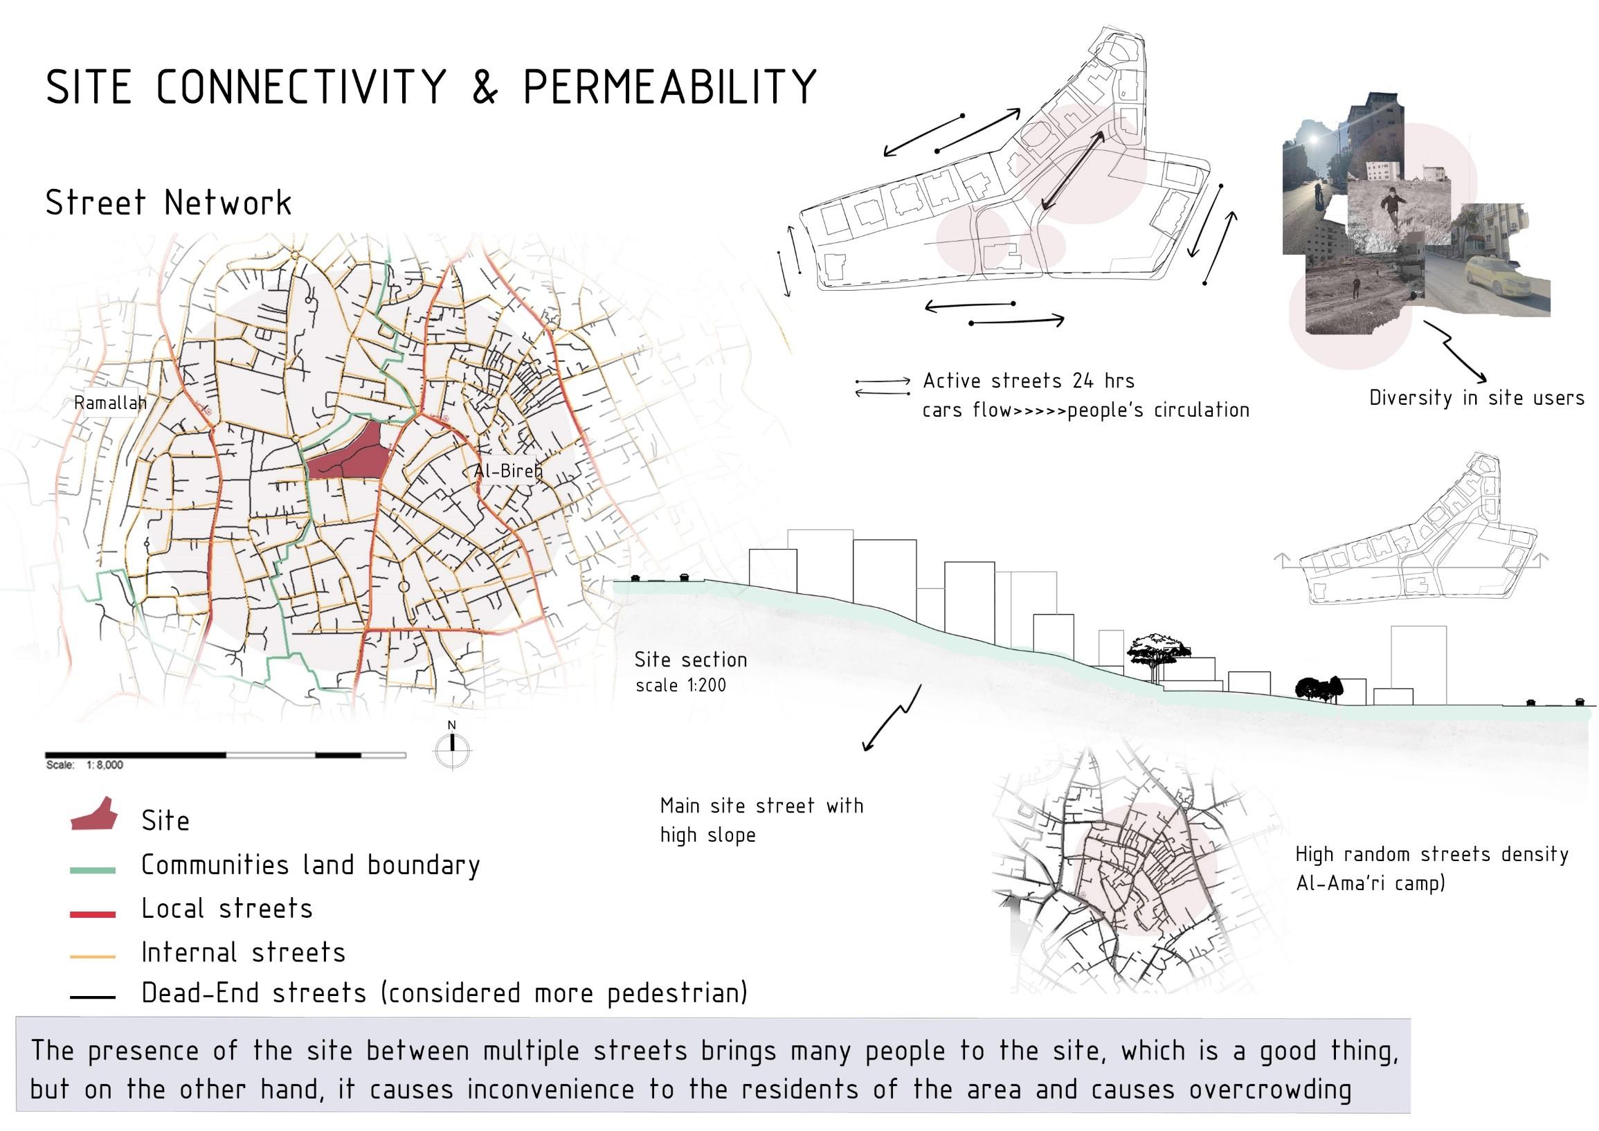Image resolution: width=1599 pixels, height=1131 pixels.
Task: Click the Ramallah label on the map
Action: (x=110, y=403)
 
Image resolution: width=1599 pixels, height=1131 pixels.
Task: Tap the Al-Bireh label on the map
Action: (x=507, y=471)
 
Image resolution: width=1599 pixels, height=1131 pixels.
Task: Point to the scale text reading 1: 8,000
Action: (x=105, y=765)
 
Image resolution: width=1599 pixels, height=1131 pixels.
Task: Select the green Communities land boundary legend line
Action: (x=93, y=870)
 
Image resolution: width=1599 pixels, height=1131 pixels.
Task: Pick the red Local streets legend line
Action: (x=93, y=914)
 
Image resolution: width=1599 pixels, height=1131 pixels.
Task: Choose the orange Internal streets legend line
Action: (x=93, y=957)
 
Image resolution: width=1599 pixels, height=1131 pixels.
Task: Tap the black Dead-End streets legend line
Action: (x=93, y=998)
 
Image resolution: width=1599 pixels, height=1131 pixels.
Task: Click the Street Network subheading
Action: (x=168, y=203)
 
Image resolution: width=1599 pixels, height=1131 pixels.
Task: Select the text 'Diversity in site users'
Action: (x=1476, y=398)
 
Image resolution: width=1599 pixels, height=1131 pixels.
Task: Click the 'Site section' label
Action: (x=690, y=660)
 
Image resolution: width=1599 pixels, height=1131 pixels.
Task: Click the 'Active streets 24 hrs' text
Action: (x=1029, y=381)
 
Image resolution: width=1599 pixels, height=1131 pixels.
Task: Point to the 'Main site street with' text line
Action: (x=761, y=806)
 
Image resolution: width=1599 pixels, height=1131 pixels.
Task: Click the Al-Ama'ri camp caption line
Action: (x=1370, y=883)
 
